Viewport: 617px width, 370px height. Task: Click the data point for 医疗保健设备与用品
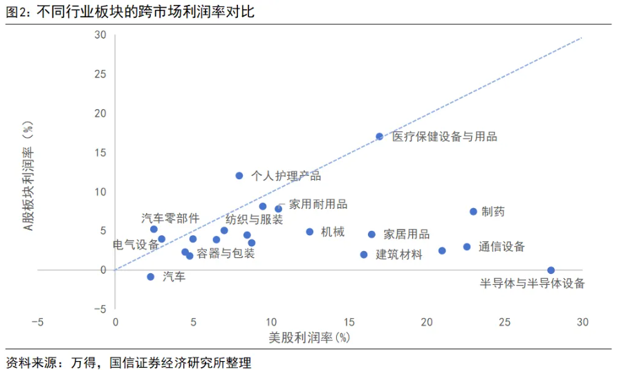(379, 136)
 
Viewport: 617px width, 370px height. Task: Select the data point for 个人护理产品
(239, 176)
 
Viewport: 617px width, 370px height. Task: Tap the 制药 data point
(473, 212)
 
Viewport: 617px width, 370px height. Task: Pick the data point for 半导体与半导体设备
(551, 270)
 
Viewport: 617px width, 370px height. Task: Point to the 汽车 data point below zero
(151, 277)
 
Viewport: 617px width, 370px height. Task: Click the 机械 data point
(310, 232)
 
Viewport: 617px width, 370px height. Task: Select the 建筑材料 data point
(364, 255)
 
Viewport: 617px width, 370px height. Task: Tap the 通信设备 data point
(467, 247)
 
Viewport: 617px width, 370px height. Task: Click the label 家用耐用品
(318, 204)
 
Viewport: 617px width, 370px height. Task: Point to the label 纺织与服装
(255, 220)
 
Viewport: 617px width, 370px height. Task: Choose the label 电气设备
(136, 245)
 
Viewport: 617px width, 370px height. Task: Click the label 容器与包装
(225, 254)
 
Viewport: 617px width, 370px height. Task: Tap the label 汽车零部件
(170, 219)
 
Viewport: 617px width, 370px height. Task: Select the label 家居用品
(407, 234)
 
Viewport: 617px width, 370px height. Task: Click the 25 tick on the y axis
(100, 74)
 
